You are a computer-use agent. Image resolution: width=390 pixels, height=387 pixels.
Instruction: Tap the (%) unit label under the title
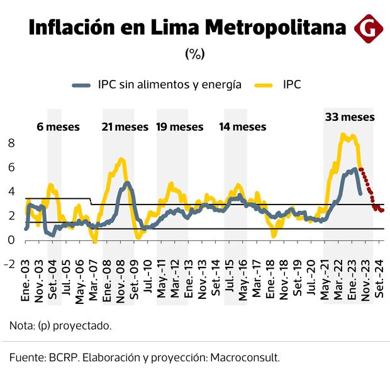195,54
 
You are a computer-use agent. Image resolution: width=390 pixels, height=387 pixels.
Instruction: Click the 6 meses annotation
58,126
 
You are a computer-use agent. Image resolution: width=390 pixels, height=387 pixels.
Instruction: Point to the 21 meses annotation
125,126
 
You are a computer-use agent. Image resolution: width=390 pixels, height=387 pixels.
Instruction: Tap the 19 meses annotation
180,126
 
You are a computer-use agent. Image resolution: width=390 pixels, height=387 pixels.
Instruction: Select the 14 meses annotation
242,126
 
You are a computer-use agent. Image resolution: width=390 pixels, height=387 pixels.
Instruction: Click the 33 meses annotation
350,117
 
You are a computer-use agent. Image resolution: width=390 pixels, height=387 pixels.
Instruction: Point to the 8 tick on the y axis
10,143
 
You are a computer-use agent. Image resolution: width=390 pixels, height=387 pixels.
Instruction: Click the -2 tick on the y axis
8,264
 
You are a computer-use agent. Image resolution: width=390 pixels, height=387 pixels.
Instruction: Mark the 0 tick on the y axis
10,240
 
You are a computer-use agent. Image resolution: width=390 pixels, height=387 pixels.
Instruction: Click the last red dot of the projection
382,210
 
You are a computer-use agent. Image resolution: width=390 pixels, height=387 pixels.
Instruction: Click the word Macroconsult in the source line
247,357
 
